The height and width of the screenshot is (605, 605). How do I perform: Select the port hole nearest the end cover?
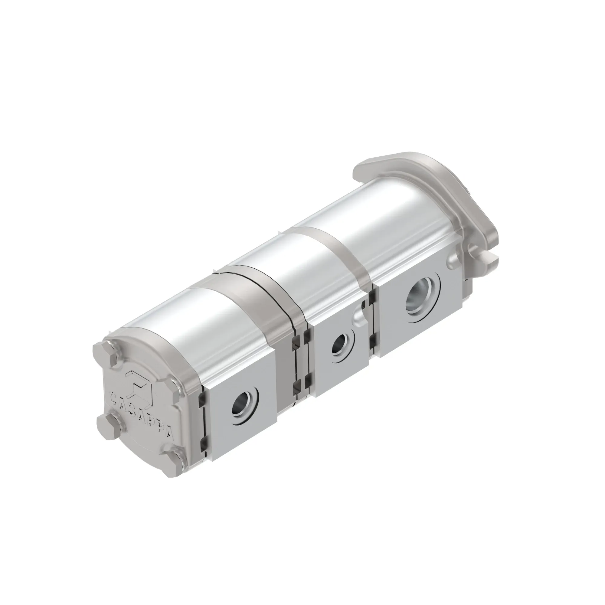(x=245, y=407)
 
